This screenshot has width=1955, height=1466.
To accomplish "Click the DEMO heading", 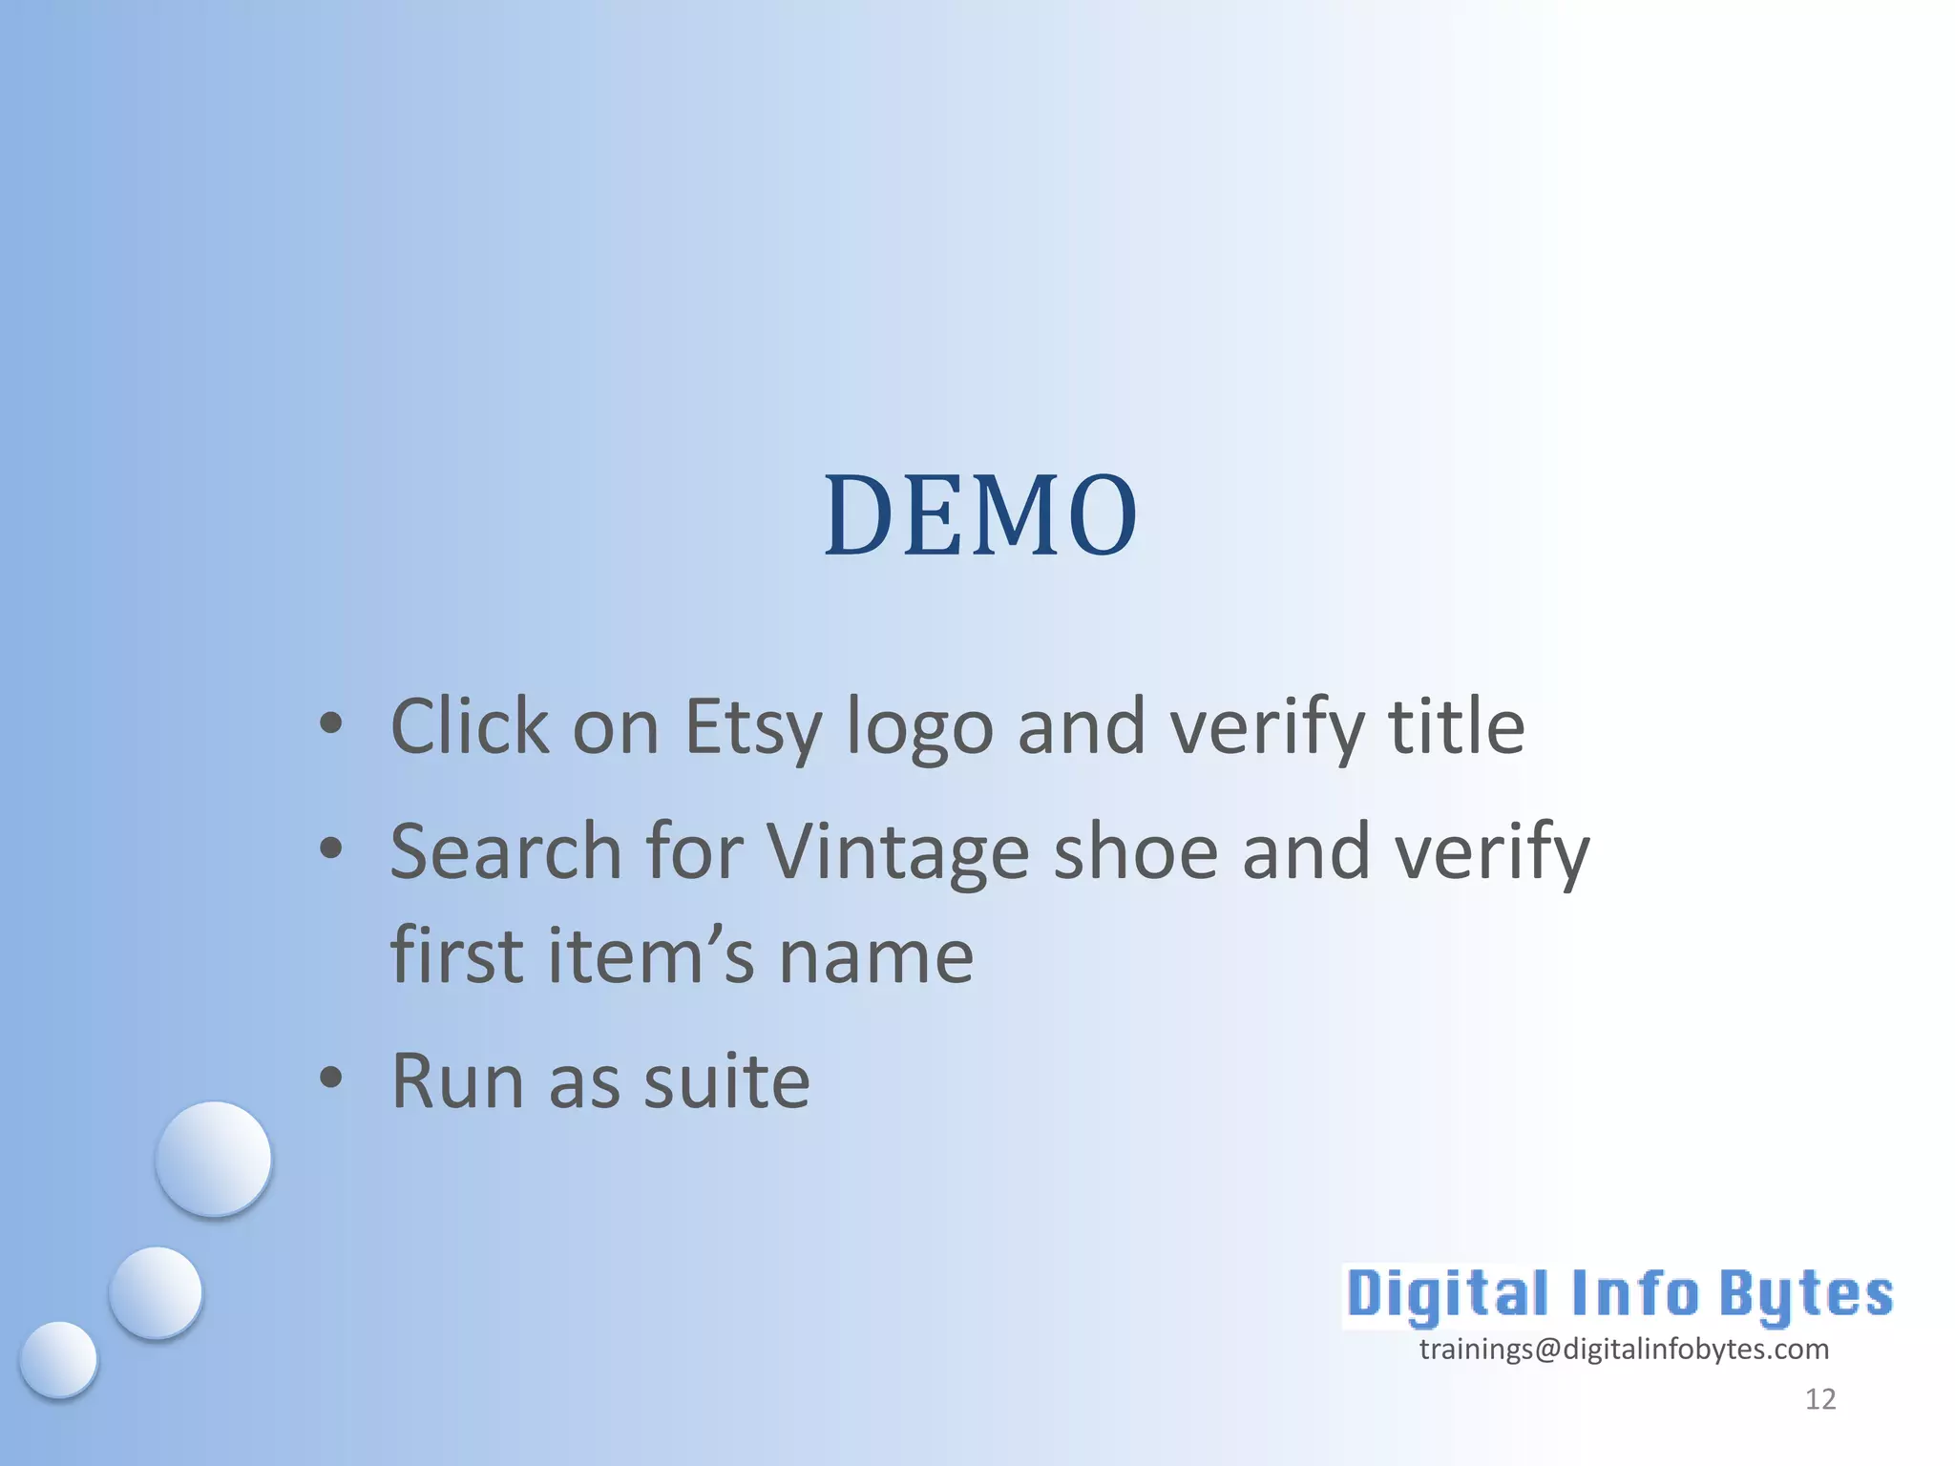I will (x=980, y=515).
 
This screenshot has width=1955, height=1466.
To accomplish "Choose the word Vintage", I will (x=897, y=852).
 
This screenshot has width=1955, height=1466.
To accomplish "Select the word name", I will (x=876, y=957).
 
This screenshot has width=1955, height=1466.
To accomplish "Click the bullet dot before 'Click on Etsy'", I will (x=330, y=723).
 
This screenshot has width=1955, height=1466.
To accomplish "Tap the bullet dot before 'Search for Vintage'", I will (x=330, y=848).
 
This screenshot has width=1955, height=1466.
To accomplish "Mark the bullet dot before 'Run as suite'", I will (x=330, y=1078).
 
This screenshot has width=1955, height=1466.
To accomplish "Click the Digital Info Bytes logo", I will (x=1619, y=1295).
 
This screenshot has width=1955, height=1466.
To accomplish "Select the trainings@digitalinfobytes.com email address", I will (x=1624, y=1350).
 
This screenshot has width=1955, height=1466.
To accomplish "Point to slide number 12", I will (x=1820, y=1399).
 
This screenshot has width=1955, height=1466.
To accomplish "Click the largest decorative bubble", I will (x=214, y=1158).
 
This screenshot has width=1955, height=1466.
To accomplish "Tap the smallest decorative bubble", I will (x=58, y=1359).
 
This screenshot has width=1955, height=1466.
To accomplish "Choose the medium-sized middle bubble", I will (x=156, y=1292).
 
